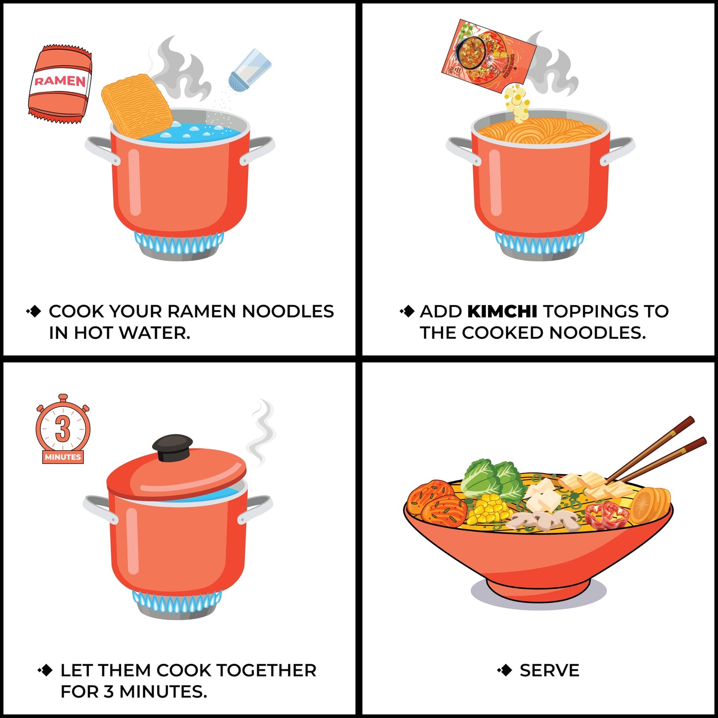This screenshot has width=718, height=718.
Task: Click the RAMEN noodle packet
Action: click(60, 83)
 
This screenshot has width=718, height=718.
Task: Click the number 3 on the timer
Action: click(63, 428)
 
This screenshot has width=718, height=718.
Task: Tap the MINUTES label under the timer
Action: click(63, 457)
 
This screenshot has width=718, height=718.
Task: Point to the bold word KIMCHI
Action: click(502, 312)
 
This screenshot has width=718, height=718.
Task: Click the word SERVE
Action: click(549, 670)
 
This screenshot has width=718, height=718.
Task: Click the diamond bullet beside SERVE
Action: click(505, 670)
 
